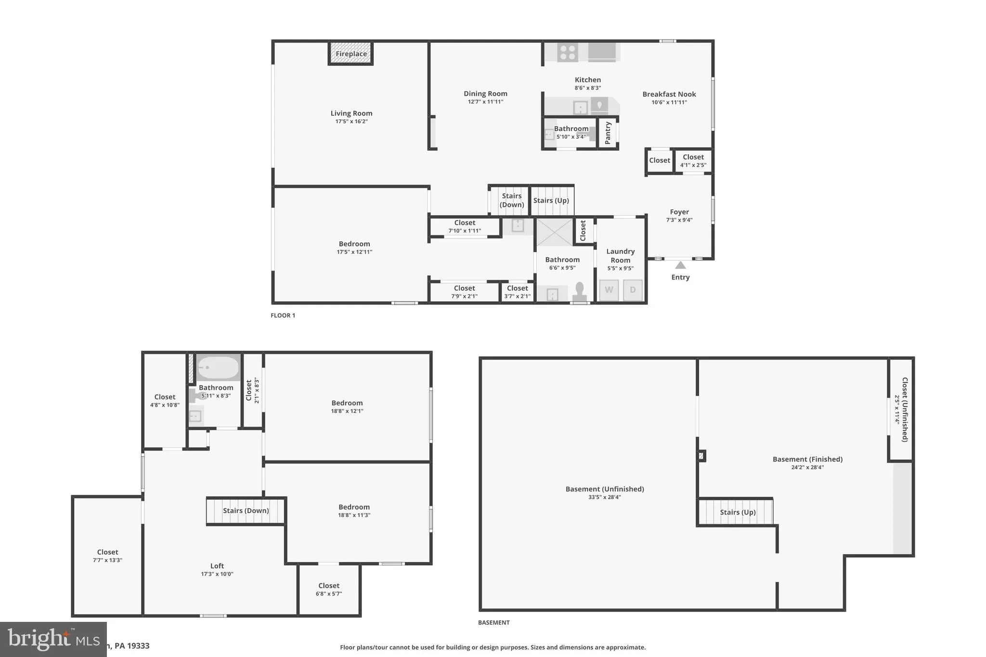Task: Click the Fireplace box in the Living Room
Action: click(x=351, y=53)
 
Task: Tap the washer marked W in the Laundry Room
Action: click(x=609, y=290)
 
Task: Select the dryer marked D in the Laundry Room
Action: click(x=633, y=290)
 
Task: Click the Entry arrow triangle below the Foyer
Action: click(x=680, y=265)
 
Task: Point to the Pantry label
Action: click(x=608, y=132)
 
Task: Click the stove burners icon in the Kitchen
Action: click(x=568, y=52)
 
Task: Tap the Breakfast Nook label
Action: click(x=669, y=94)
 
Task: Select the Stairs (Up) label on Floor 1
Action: click(x=551, y=200)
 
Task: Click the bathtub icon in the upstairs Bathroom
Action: click(x=218, y=368)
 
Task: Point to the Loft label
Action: click(x=217, y=566)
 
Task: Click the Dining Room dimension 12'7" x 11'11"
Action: click(x=485, y=102)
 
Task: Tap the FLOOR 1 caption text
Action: click(x=283, y=315)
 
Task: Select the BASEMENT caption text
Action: click(x=493, y=622)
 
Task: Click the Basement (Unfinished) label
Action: click(x=604, y=489)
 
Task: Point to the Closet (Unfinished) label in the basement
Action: click(x=905, y=409)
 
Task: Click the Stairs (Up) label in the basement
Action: click(x=738, y=512)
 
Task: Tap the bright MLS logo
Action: click(x=53, y=639)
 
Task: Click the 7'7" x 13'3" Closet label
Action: click(x=107, y=552)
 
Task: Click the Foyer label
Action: click(x=679, y=212)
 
